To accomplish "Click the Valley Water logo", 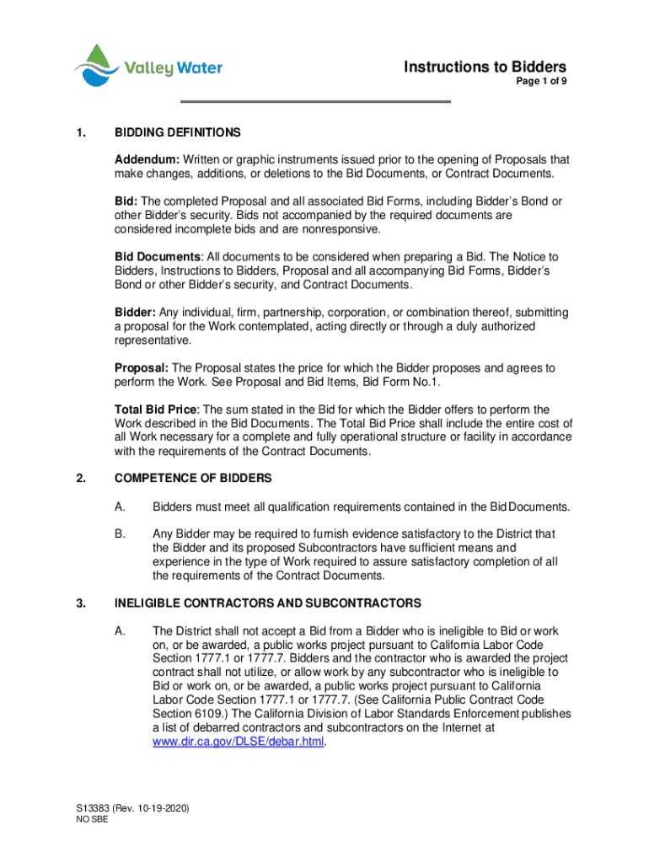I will coord(147,67).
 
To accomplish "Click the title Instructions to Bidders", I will coord(485,67).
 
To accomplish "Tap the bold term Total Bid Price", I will coord(157,410).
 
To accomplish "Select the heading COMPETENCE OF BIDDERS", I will coord(193,478).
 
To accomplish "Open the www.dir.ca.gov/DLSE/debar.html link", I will coord(239,742).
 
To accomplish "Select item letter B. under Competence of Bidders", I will coord(121,533).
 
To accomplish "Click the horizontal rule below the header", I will coord(317,102).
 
